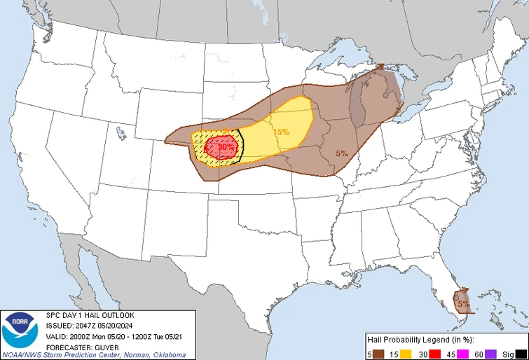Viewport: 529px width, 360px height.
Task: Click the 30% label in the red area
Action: [x=226, y=148]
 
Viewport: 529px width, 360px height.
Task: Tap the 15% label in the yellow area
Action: [x=281, y=132]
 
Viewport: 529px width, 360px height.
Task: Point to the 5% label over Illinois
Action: [x=341, y=153]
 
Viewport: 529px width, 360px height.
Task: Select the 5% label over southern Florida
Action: [x=463, y=304]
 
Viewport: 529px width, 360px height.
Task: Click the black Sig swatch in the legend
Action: [x=521, y=353]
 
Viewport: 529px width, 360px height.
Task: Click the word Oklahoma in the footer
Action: [x=167, y=354]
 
